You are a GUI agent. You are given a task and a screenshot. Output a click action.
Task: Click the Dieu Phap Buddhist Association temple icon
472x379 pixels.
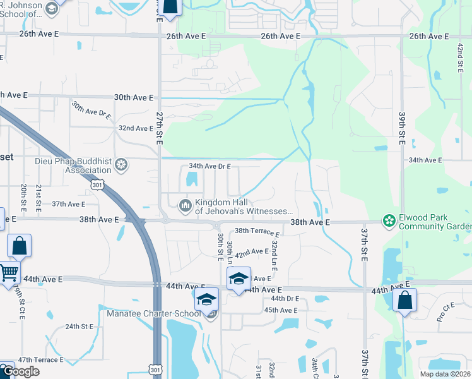point(122,165)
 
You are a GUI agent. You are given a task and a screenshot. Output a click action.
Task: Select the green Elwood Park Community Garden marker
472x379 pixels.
point(389,221)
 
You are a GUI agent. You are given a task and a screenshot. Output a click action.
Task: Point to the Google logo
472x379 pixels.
point(20,371)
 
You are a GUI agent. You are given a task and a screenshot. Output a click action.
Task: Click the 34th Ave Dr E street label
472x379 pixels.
point(210,166)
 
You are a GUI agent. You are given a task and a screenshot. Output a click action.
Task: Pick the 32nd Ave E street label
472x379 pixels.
point(136,128)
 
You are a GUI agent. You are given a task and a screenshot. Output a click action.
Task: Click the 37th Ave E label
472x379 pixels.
point(68,204)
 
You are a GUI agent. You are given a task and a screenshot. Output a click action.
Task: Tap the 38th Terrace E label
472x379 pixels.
point(257,232)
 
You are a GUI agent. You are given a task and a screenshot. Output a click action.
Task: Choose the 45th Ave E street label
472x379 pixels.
point(280,310)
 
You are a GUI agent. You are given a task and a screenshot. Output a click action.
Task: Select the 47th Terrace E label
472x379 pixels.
point(40,359)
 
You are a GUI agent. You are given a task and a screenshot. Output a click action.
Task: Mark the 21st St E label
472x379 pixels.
point(38,196)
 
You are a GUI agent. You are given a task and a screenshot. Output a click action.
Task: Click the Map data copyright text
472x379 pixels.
point(445,374)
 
